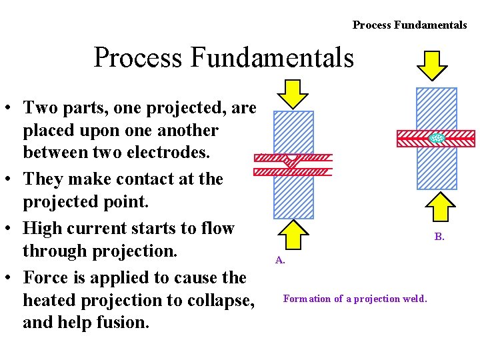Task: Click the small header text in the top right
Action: [x=409, y=25]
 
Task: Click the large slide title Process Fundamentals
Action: [x=223, y=57]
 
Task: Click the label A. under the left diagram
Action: [x=280, y=260]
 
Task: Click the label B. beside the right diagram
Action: [x=439, y=236]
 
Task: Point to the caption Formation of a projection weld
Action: [x=355, y=299]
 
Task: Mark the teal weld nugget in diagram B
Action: [x=437, y=138]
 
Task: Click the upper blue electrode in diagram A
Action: [x=293, y=132]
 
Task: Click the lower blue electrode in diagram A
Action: [x=293, y=197]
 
